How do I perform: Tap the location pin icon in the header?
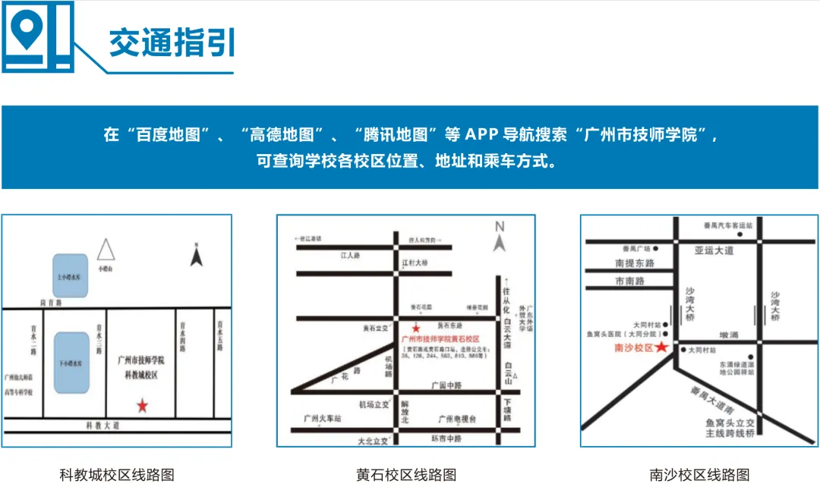[x=29, y=30]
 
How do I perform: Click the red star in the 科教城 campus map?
[x=143, y=406]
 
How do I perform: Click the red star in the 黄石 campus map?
[x=415, y=328]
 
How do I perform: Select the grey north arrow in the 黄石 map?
[x=499, y=241]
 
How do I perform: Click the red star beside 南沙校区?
[x=662, y=347]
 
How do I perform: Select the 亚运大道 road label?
[x=714, y=250]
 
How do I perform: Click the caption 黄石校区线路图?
[x=406, y=475]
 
